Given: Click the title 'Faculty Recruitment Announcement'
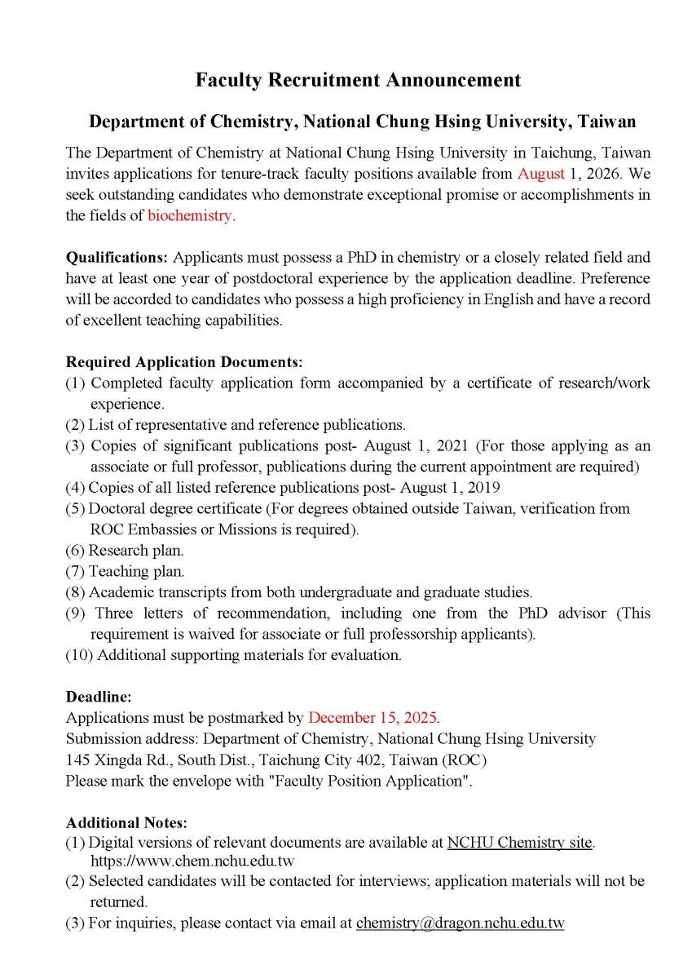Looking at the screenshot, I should coord(358,80).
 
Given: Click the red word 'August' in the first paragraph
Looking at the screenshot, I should coord(540,174).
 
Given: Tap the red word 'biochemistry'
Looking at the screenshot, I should coord(190,216).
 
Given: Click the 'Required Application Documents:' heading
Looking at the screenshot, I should coord(184,361).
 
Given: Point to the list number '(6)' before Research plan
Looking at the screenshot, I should coord(75,551).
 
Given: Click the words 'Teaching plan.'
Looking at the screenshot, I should coord(137,572).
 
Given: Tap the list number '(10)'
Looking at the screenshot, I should coord(79,655).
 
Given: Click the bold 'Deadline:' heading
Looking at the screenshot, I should coord(99,698).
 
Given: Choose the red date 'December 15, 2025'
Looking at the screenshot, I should coord(372,718).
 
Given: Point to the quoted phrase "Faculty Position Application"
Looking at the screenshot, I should coord(380,781).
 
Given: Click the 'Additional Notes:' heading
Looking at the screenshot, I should coord(126,822).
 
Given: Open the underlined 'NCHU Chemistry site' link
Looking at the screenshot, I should coord(519,843).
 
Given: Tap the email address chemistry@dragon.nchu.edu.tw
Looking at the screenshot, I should coord(460,924).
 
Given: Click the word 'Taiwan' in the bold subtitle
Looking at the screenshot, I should coord(605,122).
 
